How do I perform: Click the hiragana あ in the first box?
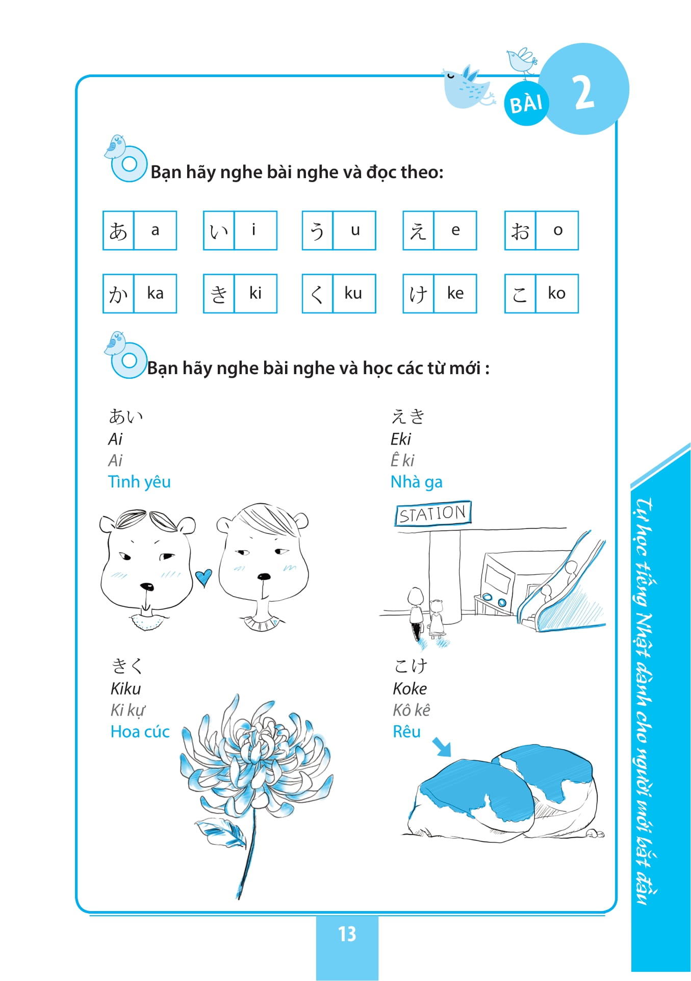point(118,231)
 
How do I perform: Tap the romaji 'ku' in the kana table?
point(353,293)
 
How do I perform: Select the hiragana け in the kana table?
point(418,294)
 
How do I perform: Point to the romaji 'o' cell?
point(557,231)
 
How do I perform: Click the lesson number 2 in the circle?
point(584,92)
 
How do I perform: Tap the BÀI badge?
point(526,104)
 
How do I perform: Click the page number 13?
point(347,934)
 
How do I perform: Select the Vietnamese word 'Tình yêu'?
point(139,482)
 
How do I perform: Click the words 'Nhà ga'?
point(416,482)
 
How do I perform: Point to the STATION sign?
point(432,513)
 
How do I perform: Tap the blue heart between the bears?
point(203,577)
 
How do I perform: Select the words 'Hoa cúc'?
point(140,732)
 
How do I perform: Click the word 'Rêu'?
point(406,732)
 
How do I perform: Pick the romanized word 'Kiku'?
point(125,689)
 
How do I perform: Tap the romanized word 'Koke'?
point(410,689)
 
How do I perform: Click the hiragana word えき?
point(408,416)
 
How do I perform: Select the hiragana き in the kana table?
point(219,294)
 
